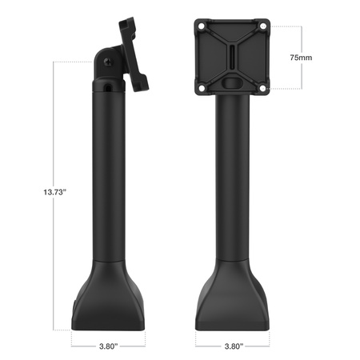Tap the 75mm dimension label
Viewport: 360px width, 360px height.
(301, 58)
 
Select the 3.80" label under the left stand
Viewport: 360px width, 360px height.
(106, 346)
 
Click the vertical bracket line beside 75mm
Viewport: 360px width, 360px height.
(302, 40)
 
